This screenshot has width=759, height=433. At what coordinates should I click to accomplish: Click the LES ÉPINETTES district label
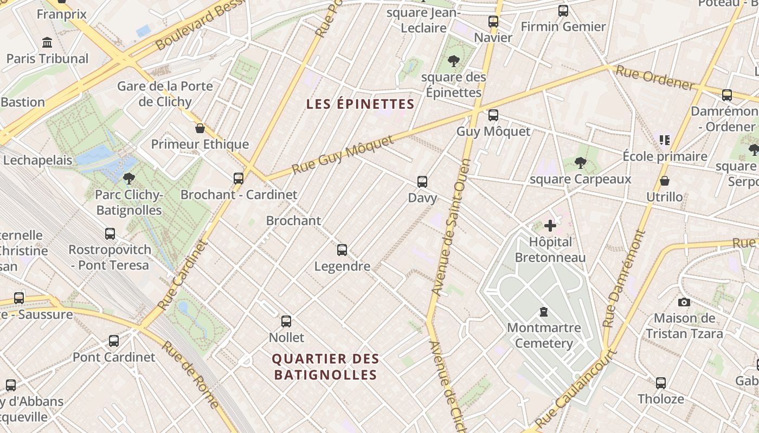point(360,104)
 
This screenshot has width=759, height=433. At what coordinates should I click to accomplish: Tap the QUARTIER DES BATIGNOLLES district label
point(325,366)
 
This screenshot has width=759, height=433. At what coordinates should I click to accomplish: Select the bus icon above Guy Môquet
point(493,115)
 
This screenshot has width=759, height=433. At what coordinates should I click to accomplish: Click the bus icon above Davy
point(422,182)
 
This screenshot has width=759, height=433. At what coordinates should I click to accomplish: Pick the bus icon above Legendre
point(342,250)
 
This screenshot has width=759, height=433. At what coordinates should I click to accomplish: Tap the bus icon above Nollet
point(286,322)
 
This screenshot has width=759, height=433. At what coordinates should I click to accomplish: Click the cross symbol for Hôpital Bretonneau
point(550,226)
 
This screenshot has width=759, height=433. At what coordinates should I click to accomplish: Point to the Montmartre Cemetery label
point(544,335)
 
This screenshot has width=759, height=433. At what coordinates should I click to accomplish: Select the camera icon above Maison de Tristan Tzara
point(684,302)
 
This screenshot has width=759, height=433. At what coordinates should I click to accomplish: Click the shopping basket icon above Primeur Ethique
point(200,128)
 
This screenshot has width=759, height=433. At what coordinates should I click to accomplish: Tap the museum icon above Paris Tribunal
point(47,42)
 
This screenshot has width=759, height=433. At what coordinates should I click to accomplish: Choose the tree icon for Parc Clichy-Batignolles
point(128,178)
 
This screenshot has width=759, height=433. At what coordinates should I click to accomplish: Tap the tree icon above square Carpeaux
point(580,162)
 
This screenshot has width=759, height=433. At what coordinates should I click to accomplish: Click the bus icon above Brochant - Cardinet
point(238,178)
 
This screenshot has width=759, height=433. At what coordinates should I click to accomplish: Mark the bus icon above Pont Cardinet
point(114,341)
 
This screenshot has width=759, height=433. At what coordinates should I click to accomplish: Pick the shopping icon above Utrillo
point(664,181)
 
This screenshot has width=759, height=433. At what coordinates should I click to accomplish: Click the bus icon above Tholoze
point(660,383)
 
